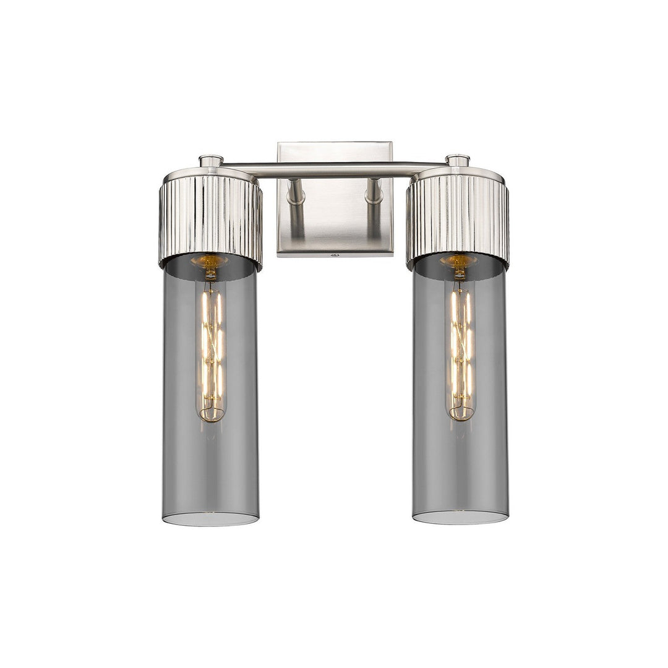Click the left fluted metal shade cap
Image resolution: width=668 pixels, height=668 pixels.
(x=210, y=220)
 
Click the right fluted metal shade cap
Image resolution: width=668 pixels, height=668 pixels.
(x=458, y=220)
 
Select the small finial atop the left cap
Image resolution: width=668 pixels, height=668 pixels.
(x=211, y=161)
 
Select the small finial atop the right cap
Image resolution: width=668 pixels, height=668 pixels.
(x=458, y=161)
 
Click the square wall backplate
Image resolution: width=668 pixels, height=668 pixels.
(x=335, y=223)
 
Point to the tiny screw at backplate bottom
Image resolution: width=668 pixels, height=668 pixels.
(x=335, y=254)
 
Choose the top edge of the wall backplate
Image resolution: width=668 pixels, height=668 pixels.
(x=335, y=143)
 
